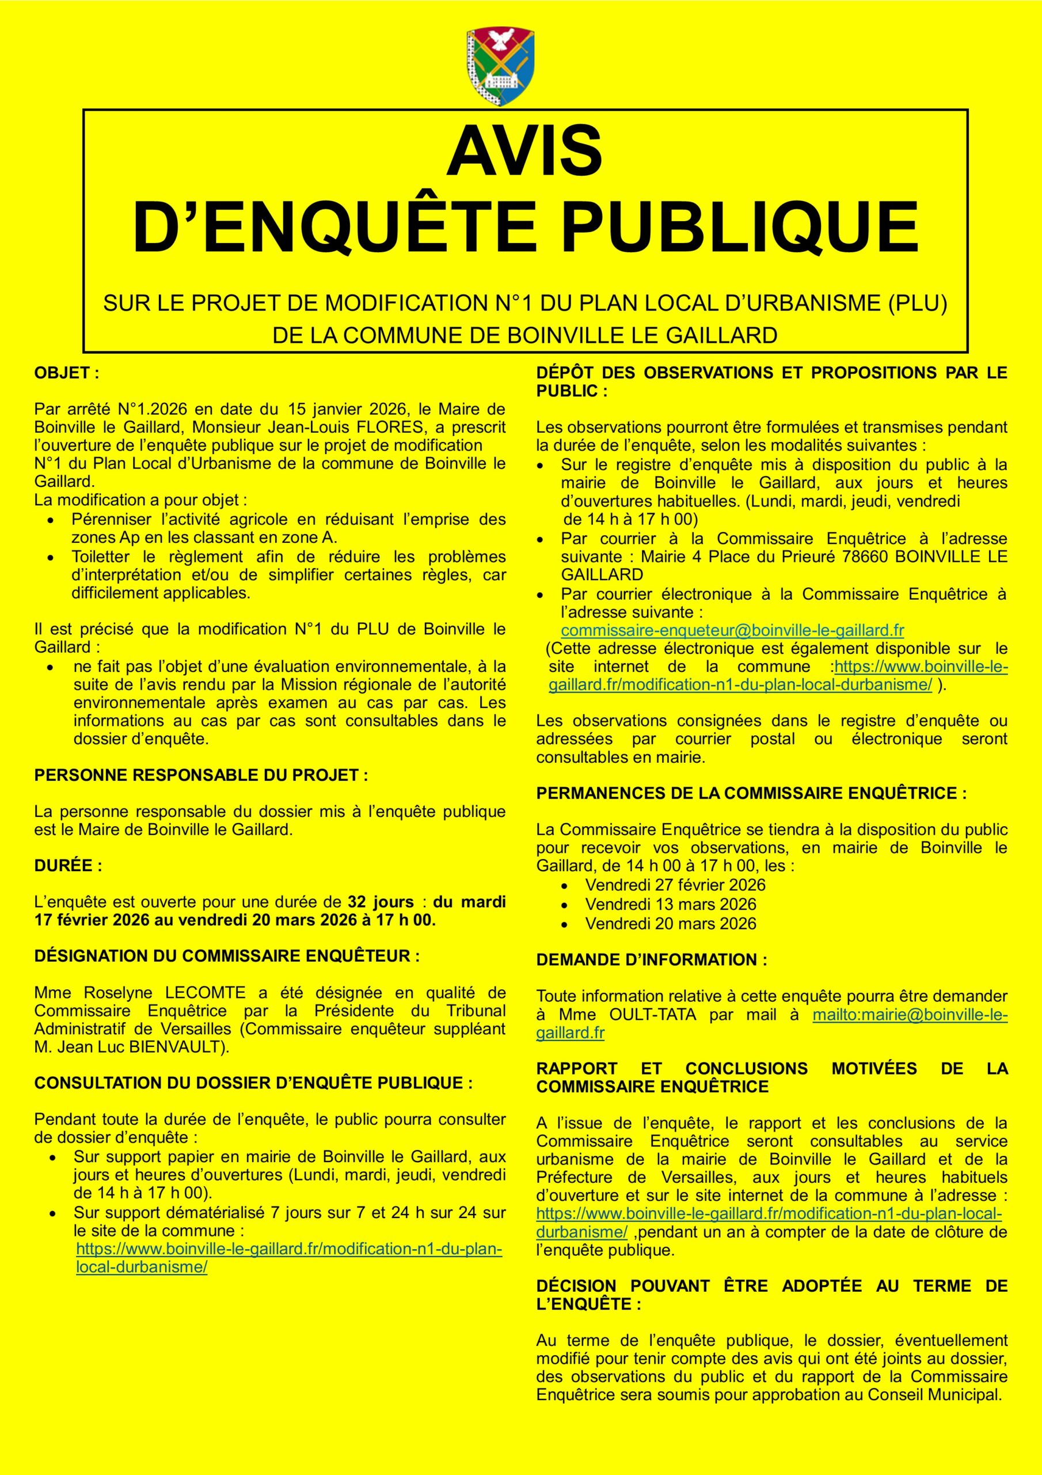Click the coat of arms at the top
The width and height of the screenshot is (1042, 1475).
point(500,67)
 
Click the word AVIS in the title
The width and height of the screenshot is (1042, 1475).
point(524,152)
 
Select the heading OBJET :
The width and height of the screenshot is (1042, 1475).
point(67,373)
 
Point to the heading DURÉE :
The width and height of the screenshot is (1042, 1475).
point(68,866)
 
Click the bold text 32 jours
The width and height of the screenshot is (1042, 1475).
point(381,902)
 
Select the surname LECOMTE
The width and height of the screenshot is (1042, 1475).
point(204,993)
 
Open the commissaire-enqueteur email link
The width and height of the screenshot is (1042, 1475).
point(732,630)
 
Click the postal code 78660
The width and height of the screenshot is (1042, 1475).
point(864,557)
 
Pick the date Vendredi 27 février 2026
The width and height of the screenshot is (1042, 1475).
point(675,885)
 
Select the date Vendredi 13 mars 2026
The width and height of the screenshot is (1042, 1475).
point(670,905)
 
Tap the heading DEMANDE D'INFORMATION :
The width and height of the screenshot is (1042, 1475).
point(652,960)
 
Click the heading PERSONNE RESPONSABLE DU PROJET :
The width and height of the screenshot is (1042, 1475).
point(201,776)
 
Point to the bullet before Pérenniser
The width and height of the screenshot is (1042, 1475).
point(51,520)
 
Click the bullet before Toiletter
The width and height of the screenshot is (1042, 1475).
point(51,558)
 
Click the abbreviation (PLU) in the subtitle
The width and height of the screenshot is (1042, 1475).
point(918,303)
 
